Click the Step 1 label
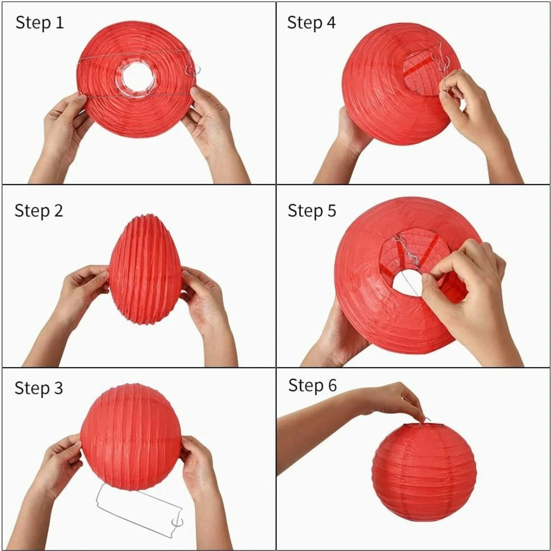[x=40, y=23]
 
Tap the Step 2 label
[x=39, y=211]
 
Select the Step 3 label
[x=39, y=388]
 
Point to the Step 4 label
[x=312, y=23]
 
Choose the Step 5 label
[x=312, y=211]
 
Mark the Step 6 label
[x=313, y=385]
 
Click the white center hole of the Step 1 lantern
[x=138, y=78]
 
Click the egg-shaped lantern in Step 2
[x=145, y=269]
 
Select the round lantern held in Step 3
[x=131, y=437]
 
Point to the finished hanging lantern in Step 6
[x=424, y=471]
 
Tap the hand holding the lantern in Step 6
[x=393, y=400]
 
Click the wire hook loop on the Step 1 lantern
[x=193, y=70]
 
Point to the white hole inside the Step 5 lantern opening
[x=407, y=283]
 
